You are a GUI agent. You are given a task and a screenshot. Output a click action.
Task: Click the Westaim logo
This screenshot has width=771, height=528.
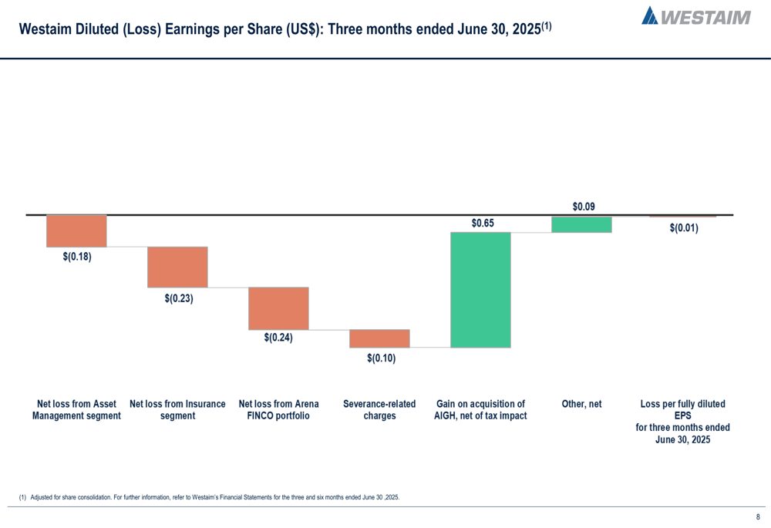pos(695,15)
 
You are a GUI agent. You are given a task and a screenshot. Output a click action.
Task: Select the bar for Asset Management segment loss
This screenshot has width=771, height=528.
pos(76,230)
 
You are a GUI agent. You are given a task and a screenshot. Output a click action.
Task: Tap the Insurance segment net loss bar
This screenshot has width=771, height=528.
pos(177,267)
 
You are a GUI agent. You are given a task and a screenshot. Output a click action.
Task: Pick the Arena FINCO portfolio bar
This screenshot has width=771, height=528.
pos(278,308)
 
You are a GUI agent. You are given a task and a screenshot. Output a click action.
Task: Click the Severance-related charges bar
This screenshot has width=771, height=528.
pos(379,338)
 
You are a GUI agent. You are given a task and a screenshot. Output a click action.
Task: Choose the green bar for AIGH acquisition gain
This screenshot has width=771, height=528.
pos(480,290)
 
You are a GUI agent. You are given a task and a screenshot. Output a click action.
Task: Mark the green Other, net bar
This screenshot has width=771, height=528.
pos(582,224)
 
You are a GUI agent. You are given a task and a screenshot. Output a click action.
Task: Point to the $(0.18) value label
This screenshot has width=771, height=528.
pos(77,257)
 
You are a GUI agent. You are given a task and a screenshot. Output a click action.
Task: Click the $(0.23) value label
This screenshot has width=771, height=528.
pos(179,298)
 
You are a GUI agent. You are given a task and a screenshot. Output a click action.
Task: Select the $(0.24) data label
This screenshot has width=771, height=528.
pos(278,338)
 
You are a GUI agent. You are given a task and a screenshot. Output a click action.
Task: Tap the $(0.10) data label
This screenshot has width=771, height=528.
pos(381,358)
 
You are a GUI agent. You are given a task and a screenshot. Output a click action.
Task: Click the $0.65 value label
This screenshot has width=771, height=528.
pos(483,223)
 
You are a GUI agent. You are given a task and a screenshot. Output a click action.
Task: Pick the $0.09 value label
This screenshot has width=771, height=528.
pos(584,207)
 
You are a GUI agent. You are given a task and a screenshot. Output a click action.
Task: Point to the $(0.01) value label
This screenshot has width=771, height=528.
pos(684,227)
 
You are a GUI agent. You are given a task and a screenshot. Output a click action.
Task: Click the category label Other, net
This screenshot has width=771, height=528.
pos(582,404)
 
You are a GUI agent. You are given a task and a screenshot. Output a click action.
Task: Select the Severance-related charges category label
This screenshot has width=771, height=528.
pos(379,410)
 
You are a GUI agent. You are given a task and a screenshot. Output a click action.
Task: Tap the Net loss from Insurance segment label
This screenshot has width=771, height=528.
pos(177,410)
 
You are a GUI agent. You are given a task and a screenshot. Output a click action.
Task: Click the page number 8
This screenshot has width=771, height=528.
pos(758,517)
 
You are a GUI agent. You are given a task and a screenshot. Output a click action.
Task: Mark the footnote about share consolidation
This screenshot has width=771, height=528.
pos(209,497)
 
